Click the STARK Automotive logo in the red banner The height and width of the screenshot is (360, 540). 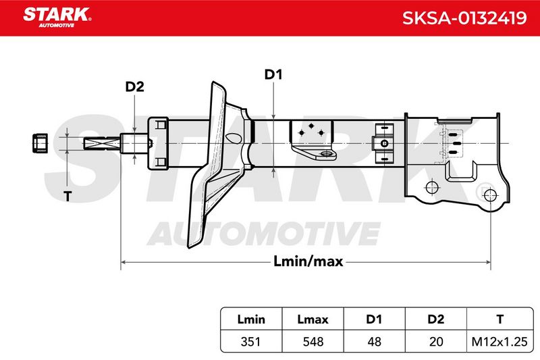pos(57,18)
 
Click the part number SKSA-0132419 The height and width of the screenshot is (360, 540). pos(464,18)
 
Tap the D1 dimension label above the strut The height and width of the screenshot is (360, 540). pos(273,74)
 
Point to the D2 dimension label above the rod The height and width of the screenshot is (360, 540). pos(134,87)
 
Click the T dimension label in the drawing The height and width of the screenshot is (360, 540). pos(67,197)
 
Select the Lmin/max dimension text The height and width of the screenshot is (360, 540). pos(308,261)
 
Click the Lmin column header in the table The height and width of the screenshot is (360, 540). pos(251,319)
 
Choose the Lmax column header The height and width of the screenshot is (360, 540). pos(313,319)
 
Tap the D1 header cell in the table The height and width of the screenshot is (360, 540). pos(374,319)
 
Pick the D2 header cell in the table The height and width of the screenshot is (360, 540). pos(435,319)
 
